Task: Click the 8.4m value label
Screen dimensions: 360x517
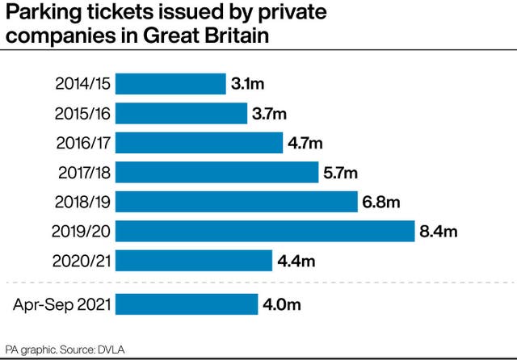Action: tap(439, 232)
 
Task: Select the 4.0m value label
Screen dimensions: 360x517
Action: tap(282, 304)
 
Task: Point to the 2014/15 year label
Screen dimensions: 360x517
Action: tap(83, 84)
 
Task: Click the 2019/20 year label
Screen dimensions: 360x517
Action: tap(83, 232)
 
